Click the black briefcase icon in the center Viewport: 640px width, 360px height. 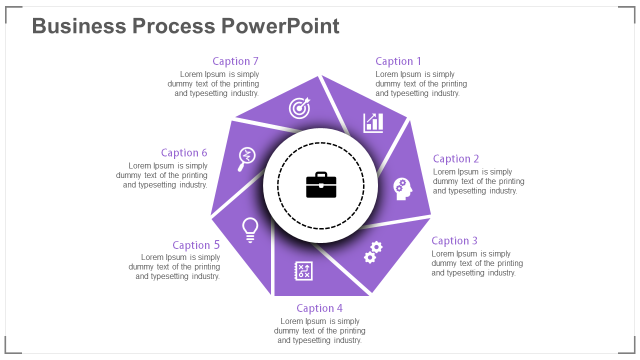[x=321, y=185]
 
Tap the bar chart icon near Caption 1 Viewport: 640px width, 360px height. [x=373, y=122]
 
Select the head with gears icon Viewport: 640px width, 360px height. [x=402, y=189]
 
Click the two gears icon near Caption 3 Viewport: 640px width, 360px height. [x=373, y=252]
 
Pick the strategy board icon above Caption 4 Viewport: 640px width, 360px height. [x=303, y=271]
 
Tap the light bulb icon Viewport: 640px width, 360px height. [x=250, y=230]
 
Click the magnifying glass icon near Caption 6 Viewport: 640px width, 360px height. [x=246, y=158]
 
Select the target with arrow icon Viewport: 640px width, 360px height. [x=299, y=108]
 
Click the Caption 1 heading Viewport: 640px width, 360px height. [x=398, y=61]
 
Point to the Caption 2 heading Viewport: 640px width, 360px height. [x=455, y=158]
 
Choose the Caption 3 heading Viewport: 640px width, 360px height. [x=454, y=240]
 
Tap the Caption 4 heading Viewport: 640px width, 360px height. [x=319, y=308]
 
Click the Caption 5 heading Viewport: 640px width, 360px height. [x=196, y=245]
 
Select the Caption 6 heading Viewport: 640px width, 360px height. [x=184, y=152]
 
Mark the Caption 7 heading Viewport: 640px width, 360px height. [x=235, y=61]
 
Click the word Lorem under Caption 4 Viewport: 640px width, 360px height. [x=292, y=321]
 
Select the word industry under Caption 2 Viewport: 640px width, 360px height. [x=500, y=190]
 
